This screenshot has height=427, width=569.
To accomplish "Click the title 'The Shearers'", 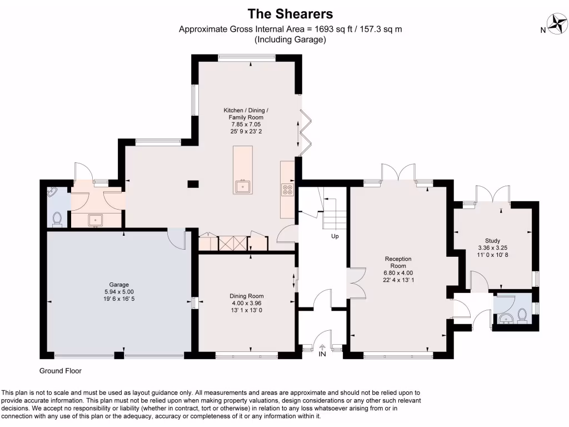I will pos(290,13).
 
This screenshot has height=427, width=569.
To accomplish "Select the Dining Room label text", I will pos(247,303).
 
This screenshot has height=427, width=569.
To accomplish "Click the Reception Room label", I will pos(398,269).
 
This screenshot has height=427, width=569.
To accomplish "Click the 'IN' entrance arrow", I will pos(323,350).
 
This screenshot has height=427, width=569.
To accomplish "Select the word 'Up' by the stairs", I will pos(335,236).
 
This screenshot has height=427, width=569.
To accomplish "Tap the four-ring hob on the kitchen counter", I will pos(288,190).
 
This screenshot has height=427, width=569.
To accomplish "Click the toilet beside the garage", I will pos(56,220).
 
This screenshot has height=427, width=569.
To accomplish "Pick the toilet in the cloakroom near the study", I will pos(522,315).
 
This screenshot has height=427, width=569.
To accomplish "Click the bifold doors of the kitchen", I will pos(305,132).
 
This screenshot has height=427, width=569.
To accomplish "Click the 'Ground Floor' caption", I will pos(61,371).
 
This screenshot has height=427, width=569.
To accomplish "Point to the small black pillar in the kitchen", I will pos(193,183).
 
